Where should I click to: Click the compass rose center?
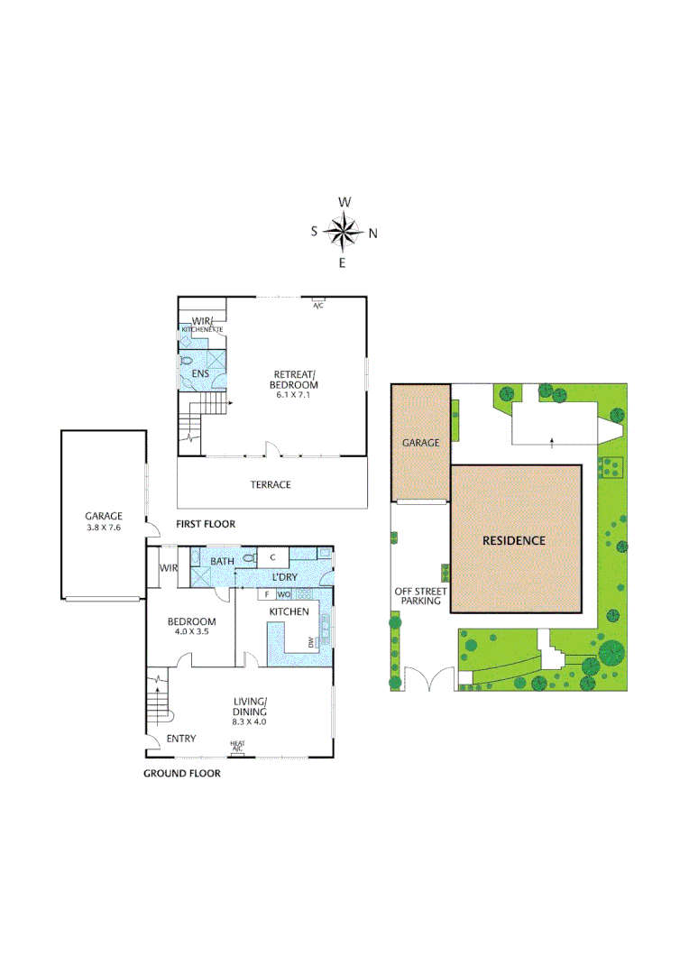343,233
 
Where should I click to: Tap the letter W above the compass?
344,202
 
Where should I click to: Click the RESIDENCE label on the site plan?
513,541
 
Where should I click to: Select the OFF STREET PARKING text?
418,596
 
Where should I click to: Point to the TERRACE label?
271,484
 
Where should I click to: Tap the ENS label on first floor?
199,373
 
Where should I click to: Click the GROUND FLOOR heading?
182,773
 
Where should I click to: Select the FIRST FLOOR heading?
206,524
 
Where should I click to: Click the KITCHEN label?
289,612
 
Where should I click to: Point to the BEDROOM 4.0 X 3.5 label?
191,627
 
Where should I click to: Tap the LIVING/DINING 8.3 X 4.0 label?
249,711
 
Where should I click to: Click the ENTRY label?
181,740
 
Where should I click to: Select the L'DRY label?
285,576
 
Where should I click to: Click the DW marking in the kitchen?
310,643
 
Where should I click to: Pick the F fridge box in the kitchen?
267,594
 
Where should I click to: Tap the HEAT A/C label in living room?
237,747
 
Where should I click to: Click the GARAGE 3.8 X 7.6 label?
103,522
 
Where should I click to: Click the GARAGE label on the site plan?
420,443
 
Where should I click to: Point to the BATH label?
222,562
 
